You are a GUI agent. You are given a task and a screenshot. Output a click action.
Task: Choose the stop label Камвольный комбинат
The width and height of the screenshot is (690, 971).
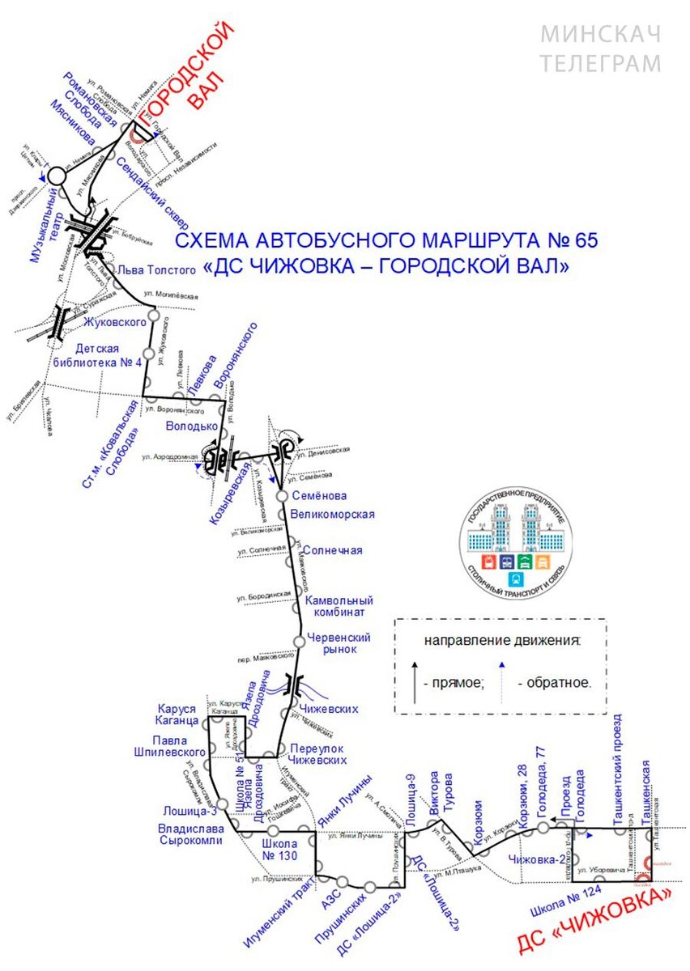339,607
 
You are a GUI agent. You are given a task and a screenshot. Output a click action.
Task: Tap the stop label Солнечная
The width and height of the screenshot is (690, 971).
333,550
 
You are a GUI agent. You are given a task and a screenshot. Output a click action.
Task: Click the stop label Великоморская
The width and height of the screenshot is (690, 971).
332,515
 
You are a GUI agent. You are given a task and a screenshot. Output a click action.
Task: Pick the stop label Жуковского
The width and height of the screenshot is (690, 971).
115,322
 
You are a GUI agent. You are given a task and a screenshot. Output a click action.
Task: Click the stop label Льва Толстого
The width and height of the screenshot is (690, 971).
157,269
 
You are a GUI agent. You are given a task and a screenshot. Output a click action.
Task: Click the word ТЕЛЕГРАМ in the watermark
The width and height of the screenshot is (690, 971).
601,63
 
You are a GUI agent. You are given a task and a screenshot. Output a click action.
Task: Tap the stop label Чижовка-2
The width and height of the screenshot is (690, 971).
538,859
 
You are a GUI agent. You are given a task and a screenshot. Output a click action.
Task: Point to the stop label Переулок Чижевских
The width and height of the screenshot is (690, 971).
318,753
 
